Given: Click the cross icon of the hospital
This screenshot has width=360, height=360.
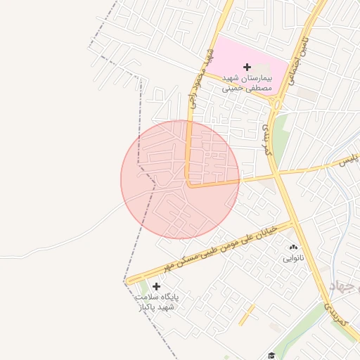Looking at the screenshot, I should [247, 66].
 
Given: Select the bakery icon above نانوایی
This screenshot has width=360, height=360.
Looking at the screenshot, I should [293, 247].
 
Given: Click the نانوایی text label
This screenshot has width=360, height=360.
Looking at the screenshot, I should [293, 258].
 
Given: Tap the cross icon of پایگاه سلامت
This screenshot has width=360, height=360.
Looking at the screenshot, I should [156, 286].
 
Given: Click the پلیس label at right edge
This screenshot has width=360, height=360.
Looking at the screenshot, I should [349, 158].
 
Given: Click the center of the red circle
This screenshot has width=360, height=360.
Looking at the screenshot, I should [180, 179].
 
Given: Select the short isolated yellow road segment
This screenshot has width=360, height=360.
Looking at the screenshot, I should [246, 315].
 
